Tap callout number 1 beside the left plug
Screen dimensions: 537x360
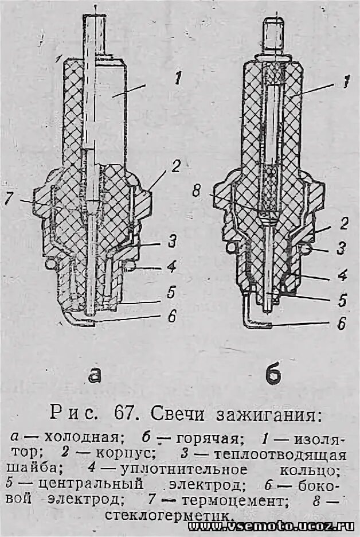point(178,79)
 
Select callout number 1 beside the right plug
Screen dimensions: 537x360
point(345,82)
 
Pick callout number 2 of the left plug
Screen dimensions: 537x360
point(176,166)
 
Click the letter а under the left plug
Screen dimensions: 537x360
point(95,373)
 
